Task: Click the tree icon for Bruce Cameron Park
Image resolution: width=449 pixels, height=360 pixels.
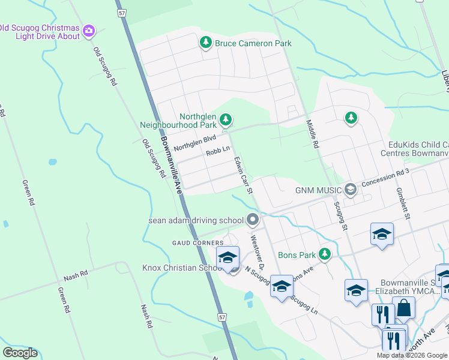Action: click(x=206, y=43)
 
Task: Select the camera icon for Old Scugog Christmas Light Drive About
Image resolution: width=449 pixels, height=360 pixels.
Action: click(x=89, y=30)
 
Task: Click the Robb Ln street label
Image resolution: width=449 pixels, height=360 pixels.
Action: click(x=218, y=152)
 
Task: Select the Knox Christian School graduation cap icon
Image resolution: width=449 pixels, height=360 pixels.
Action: click(x=228, y=259)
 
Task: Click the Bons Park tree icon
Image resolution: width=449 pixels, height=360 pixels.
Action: click(x=325, y=254)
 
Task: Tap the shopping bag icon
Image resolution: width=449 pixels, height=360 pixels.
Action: click(x=404, y=308)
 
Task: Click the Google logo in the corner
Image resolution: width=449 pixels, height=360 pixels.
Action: click(x=20, y=353)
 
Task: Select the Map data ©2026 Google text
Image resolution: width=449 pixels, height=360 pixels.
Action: click(x=411, y=355)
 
